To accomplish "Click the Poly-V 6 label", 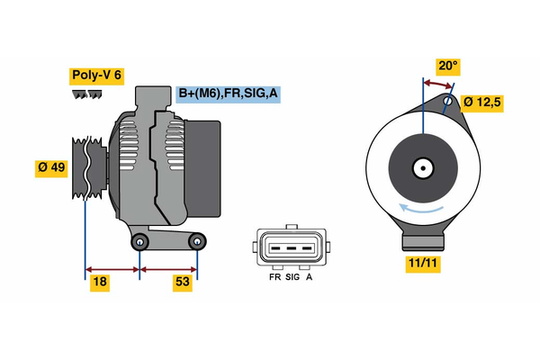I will coord(97,76).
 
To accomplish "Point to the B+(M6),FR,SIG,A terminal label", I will coord(226,93).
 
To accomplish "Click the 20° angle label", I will coord(447,66).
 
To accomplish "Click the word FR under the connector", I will coord(274,278).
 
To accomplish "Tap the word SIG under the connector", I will coord(292,278).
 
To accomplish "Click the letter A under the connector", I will coord(310,278).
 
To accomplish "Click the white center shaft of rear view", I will coord(421,167).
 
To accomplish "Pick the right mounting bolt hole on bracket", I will coord(197,240).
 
